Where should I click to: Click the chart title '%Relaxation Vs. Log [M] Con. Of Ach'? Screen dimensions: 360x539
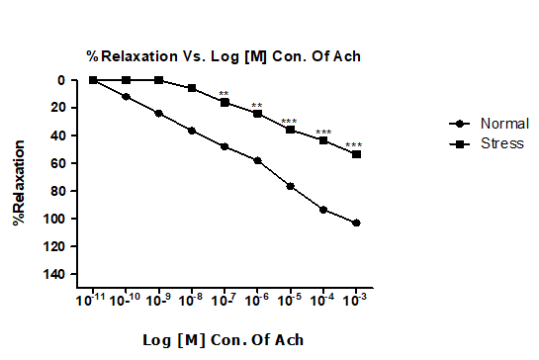[x=223, y=56]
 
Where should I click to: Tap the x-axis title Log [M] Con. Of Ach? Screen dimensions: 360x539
[x=223, y=340]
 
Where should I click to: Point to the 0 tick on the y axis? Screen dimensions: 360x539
[x=61, y=80]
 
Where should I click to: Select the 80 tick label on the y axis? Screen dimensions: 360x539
[x=58, y=191]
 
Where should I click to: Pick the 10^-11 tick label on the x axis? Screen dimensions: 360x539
[x=92, y=300]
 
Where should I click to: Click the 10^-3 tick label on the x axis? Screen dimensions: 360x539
[x=356, y=300]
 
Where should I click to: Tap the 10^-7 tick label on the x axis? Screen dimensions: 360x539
[x=225, y=300]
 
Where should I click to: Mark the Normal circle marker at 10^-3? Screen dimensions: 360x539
[x=356, y=224]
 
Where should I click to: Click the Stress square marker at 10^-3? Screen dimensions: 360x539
[x=356, y=154]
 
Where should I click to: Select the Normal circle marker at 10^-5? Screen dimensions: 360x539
[x=290, y=186]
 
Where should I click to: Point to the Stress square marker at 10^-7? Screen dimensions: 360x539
[x=225, y=102]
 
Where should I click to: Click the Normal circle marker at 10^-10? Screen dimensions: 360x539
[x=126, y=97]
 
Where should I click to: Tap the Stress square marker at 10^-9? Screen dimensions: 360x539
[x=158, y=80]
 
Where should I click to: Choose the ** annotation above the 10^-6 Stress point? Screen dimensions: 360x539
[x=257, y=106]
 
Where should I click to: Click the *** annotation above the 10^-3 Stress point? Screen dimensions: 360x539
[x=354, y=145]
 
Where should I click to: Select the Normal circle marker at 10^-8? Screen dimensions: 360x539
[x=192, y=131]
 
